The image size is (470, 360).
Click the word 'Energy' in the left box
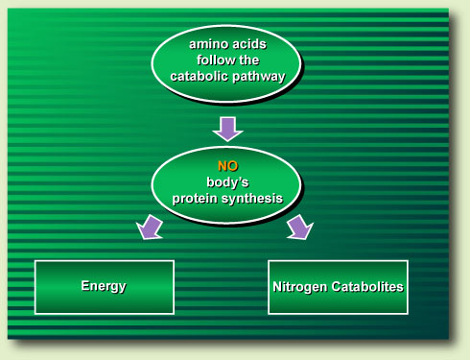pyautogui.click(x=103, y=286)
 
